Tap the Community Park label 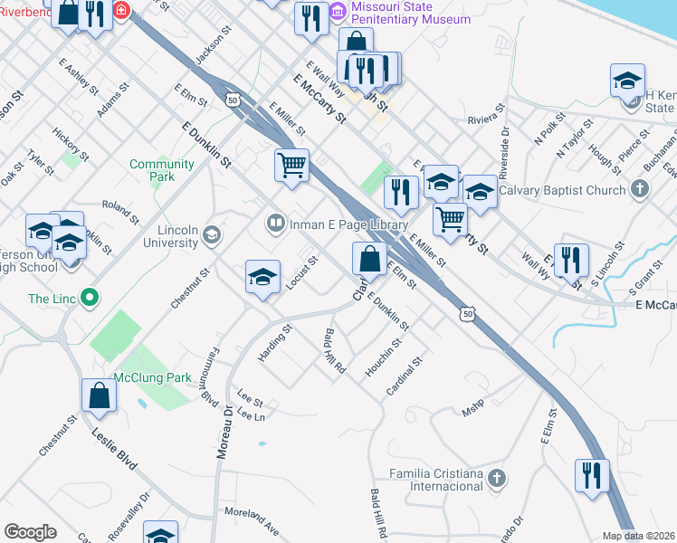click(x=161, y=170)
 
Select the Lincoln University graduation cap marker click(x=212, y=236)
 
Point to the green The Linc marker click(x=89, y=297)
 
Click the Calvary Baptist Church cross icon click(x=640, y=190)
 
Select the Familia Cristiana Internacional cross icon click(x=495, y=479)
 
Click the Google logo click(x=30, y=532)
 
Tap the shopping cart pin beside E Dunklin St click(x=291, y=166)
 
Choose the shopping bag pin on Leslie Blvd click(x=100, y=395)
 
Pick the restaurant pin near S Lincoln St click(x=571, y=258)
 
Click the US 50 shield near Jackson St click(x=234, y=100)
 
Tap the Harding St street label click(x=274, y=344)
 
